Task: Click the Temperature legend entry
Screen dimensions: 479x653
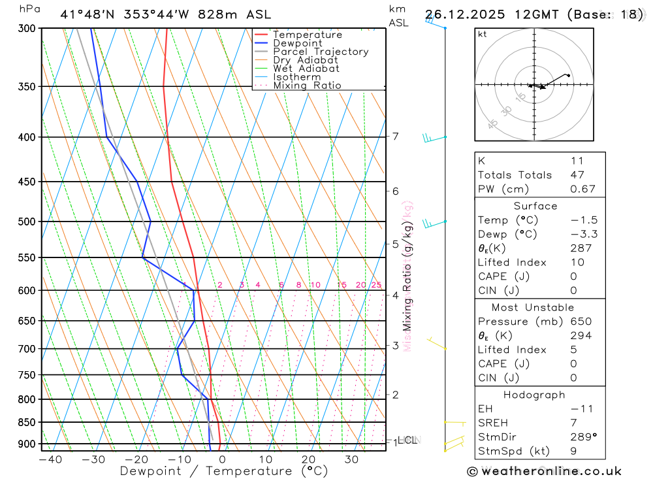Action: coord(307,35)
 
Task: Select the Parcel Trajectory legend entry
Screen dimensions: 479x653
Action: coord(320,52)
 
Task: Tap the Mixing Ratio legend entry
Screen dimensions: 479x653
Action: coord(307,86)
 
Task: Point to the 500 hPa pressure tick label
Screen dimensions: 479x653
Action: coord(26,222)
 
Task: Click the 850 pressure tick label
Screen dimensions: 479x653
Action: coord(26,422)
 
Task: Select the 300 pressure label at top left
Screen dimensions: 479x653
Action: coord(26,28)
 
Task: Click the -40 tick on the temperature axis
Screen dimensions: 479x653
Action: coord(50,459)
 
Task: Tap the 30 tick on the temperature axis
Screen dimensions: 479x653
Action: coord(351,459)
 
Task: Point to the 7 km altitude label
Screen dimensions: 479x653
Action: coord(395,137)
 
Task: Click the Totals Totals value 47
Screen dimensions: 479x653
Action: coord(577,174)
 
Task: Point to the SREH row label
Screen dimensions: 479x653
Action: coord(493,422)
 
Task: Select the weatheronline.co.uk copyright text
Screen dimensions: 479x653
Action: coord(544,471)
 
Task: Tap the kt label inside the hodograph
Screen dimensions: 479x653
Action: coord(483,34)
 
